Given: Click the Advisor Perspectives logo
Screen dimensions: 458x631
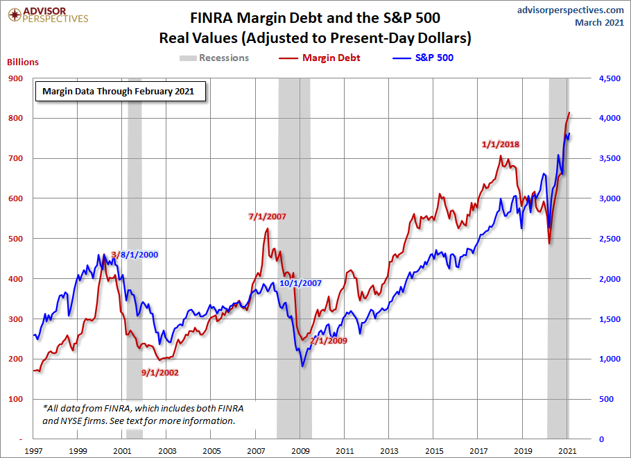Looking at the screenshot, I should pyautogui.click(x=47, y=15).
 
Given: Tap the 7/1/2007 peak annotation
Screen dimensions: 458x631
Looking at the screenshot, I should pyautogui.click(x=267, y=217).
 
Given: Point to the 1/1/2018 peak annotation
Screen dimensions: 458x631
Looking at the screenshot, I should pyautogui.click(x=501, y=144).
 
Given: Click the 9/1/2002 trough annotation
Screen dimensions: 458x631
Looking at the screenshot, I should pyautogui.click(x=159, y=373).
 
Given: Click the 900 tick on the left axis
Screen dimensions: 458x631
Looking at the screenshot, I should pyautogui.click(x=15, y=78).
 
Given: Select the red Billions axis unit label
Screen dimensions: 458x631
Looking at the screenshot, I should pyautogui.click(x=23, y=62).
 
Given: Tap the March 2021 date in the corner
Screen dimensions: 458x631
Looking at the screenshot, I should pyautogui.click(x=600, y=23).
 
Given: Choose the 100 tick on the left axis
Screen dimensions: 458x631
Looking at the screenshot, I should pyautogui.click(x=15, y=399).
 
